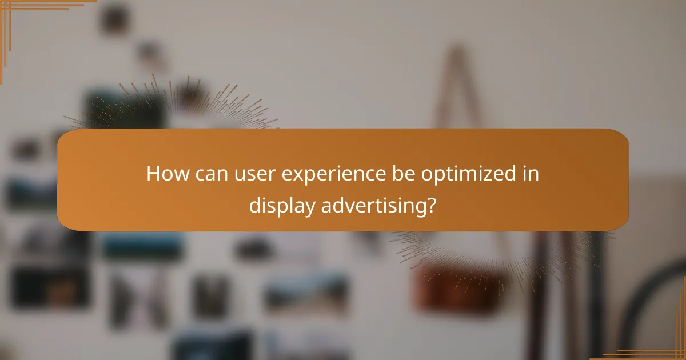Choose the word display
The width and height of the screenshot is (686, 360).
click(x=281, y=206)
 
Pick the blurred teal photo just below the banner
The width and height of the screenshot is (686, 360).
click(x=143, y=245)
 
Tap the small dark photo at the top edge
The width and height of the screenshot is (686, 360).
click(x=115, y=18)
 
